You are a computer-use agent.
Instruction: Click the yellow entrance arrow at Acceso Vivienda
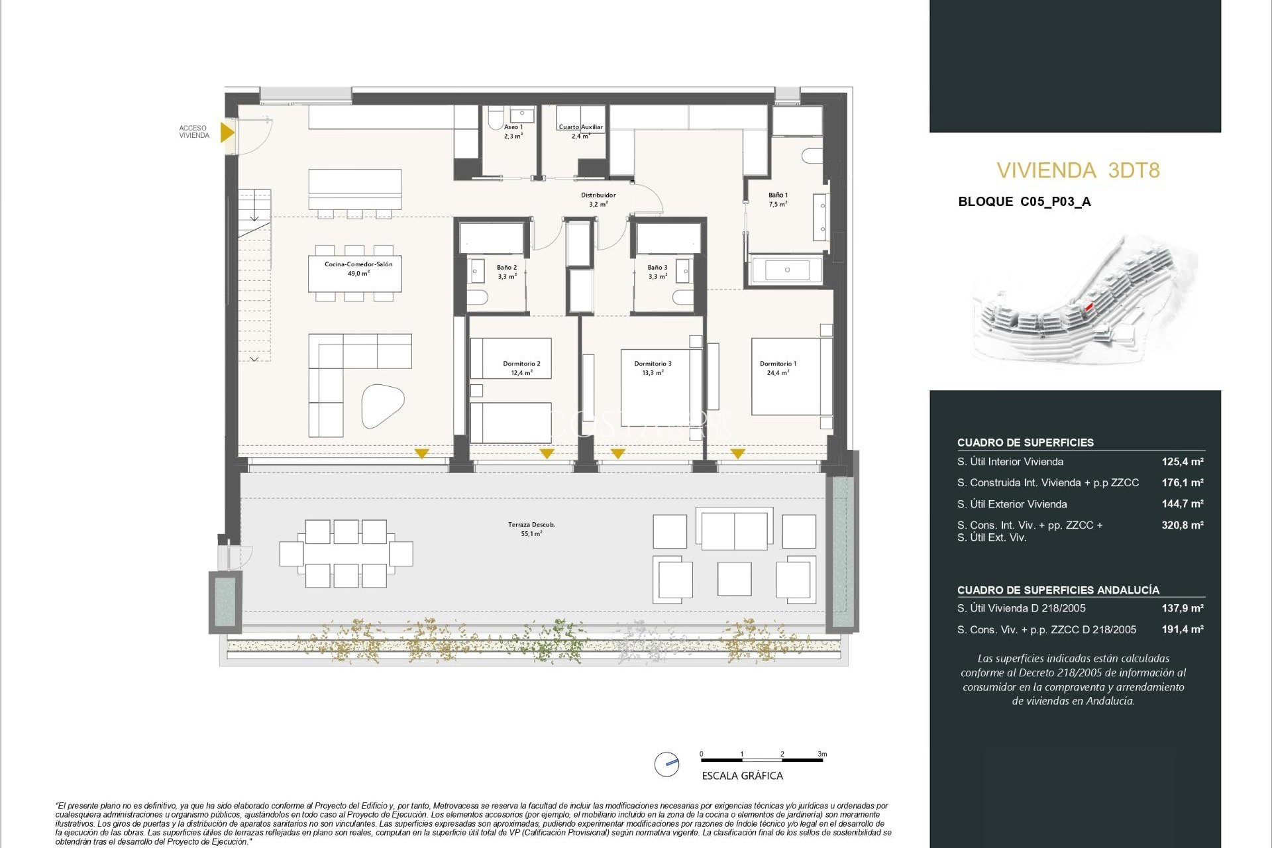[227, 132]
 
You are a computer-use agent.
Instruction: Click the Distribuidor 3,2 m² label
[598, 199]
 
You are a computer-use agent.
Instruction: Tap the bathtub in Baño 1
[787, 270]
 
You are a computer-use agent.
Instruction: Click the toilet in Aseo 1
[495, 119]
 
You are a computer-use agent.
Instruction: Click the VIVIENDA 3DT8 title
[1078, 170]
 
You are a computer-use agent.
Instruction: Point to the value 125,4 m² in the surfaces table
[1182, 462]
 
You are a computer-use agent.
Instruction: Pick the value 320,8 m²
[1182, 525]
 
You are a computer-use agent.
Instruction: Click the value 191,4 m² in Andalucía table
[1182, 629]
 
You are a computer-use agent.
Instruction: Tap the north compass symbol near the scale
[666, 764]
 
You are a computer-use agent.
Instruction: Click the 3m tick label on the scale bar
[821, 754]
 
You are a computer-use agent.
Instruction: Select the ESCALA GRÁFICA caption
[742, 776]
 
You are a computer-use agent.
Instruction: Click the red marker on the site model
[1088, 307]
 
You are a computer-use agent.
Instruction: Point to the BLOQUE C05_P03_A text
[1024, 202]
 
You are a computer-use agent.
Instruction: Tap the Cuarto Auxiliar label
[580, 127]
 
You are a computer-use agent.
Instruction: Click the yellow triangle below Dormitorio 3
[617, 454]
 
